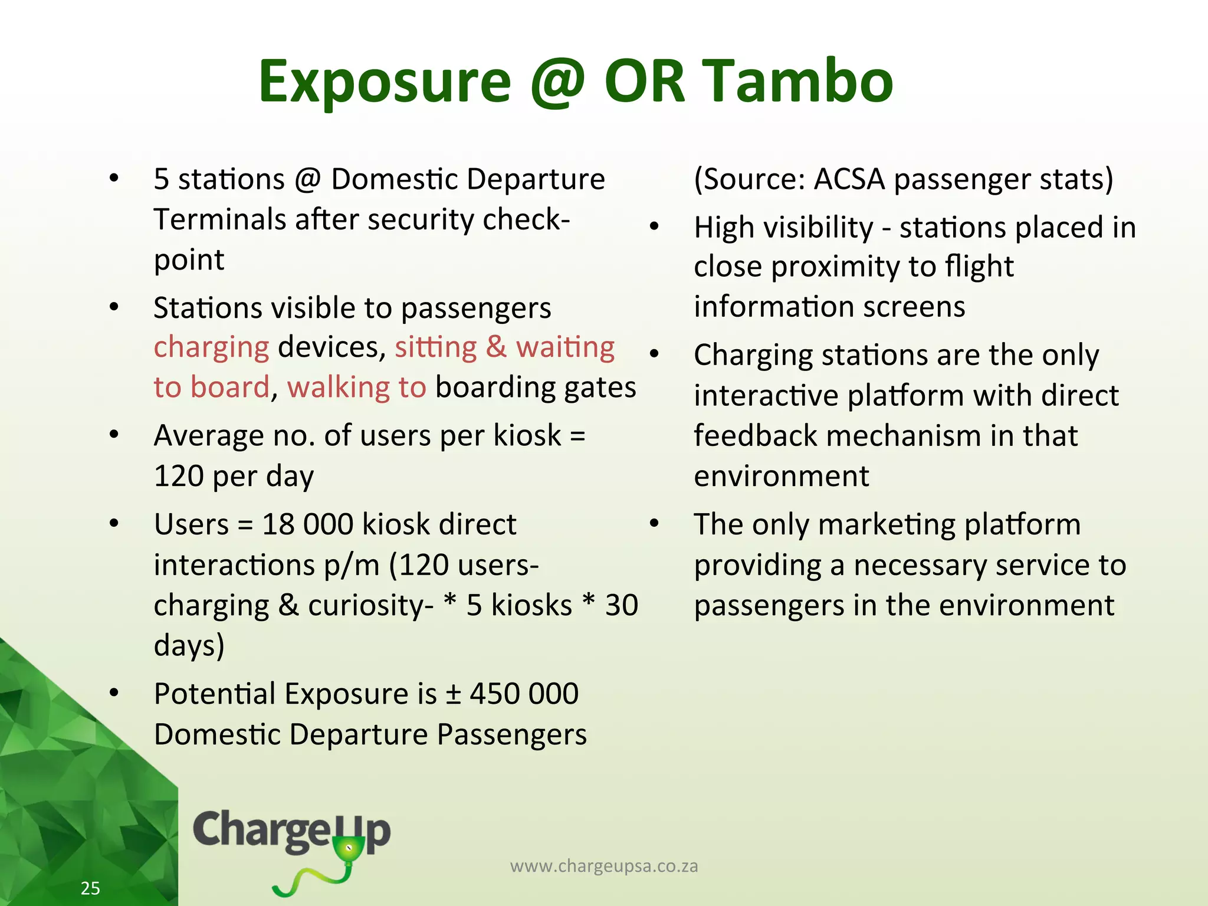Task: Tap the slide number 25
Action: tap(90, 888)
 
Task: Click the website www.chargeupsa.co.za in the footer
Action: tap(603, 866)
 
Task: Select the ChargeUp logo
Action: tap(292, 843)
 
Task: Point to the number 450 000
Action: tap(524, 694)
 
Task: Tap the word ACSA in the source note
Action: tap(849, 179)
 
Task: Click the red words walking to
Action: tap(356, 388)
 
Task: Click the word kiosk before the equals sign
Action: tap(527, 436)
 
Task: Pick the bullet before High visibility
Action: tap(654, 227)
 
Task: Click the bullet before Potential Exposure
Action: tap(114, 693)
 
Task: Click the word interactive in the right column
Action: tap(766, 396)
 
